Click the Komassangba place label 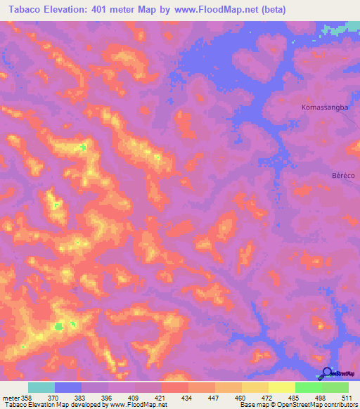pyautogui.click(x=325, y=108)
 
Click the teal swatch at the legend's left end pyautogui.click(x=41, y=387)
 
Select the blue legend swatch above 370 pyautogui.click(x=68, y=387)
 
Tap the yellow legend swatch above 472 pyautogui.click(x=255, y=387)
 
